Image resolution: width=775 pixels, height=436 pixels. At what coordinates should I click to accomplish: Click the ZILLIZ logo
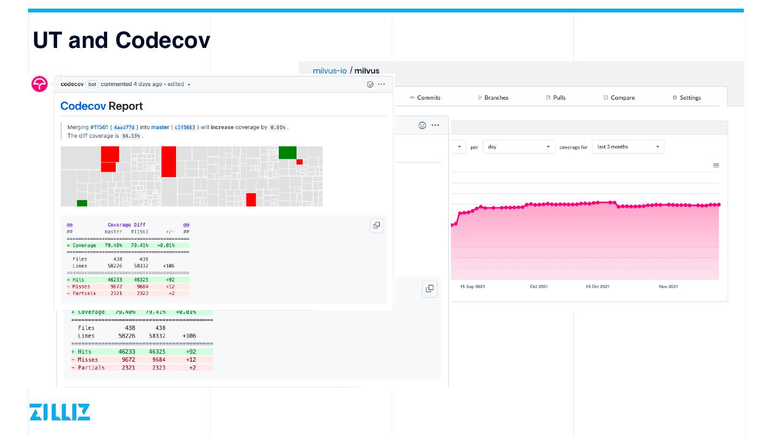[x=60, y=412]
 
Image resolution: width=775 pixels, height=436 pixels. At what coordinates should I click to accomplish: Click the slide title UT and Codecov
[x=122, y=40]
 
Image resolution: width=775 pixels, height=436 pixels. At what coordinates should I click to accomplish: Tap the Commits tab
[x=425, y=98]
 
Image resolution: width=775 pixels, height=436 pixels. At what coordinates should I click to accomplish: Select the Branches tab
[x=493, y=98]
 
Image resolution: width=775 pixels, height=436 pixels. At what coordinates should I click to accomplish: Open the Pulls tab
[x=556, y=98]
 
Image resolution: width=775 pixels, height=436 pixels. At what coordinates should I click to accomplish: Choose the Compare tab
[x=619, y=98]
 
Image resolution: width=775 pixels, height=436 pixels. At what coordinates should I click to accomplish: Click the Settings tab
[x=687, y=98]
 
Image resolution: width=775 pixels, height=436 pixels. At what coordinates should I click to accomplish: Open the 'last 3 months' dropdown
[x=628, y=147]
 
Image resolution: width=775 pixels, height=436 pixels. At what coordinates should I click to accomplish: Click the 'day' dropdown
[x=519, y=147]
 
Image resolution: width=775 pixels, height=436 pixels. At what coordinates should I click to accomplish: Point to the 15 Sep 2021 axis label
[x=473, y=287]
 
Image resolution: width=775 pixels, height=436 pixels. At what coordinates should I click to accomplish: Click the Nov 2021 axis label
[x=668, y=287]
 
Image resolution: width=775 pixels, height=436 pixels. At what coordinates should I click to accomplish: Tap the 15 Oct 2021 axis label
[x=597, y=287]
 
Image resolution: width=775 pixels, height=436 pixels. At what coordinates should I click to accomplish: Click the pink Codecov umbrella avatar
[x=39, y=85]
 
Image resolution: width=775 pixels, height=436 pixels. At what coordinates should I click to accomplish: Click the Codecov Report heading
[x=102, y=106]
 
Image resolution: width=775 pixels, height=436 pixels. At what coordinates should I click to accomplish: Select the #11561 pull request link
[x=99, y=128]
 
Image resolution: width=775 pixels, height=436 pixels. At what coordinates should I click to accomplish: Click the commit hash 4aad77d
[x=124, y=128]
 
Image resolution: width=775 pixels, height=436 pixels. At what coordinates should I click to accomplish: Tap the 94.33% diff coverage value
[x=131, y=136]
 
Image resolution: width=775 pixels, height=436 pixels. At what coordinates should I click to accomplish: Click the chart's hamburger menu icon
[x=716, y=166]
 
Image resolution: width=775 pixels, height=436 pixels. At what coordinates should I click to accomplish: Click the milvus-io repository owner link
[x=329, y=71]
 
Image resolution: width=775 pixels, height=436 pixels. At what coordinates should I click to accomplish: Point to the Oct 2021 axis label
[x=539, y=287]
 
